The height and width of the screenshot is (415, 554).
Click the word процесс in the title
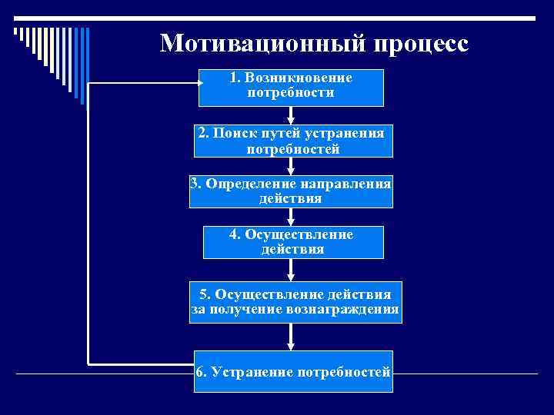pos(421,43)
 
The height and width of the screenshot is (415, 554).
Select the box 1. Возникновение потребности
pos(291,87)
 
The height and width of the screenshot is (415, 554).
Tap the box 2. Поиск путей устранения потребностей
pos(291,141)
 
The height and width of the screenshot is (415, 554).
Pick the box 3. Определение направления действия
pos(291,191)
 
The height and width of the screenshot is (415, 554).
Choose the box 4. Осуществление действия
pos(291,242)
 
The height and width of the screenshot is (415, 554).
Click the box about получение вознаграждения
pos(295,303)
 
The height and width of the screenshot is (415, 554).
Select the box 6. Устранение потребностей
pos(293,372)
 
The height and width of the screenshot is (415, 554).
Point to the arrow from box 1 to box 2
pos(291,115)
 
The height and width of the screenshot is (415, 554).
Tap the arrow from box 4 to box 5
pos(291,271)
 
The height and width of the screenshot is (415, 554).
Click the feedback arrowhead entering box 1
pos(193,82)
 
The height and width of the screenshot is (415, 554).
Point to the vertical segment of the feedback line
pos(88,223)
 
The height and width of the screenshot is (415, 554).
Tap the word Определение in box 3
pos(243,184)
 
